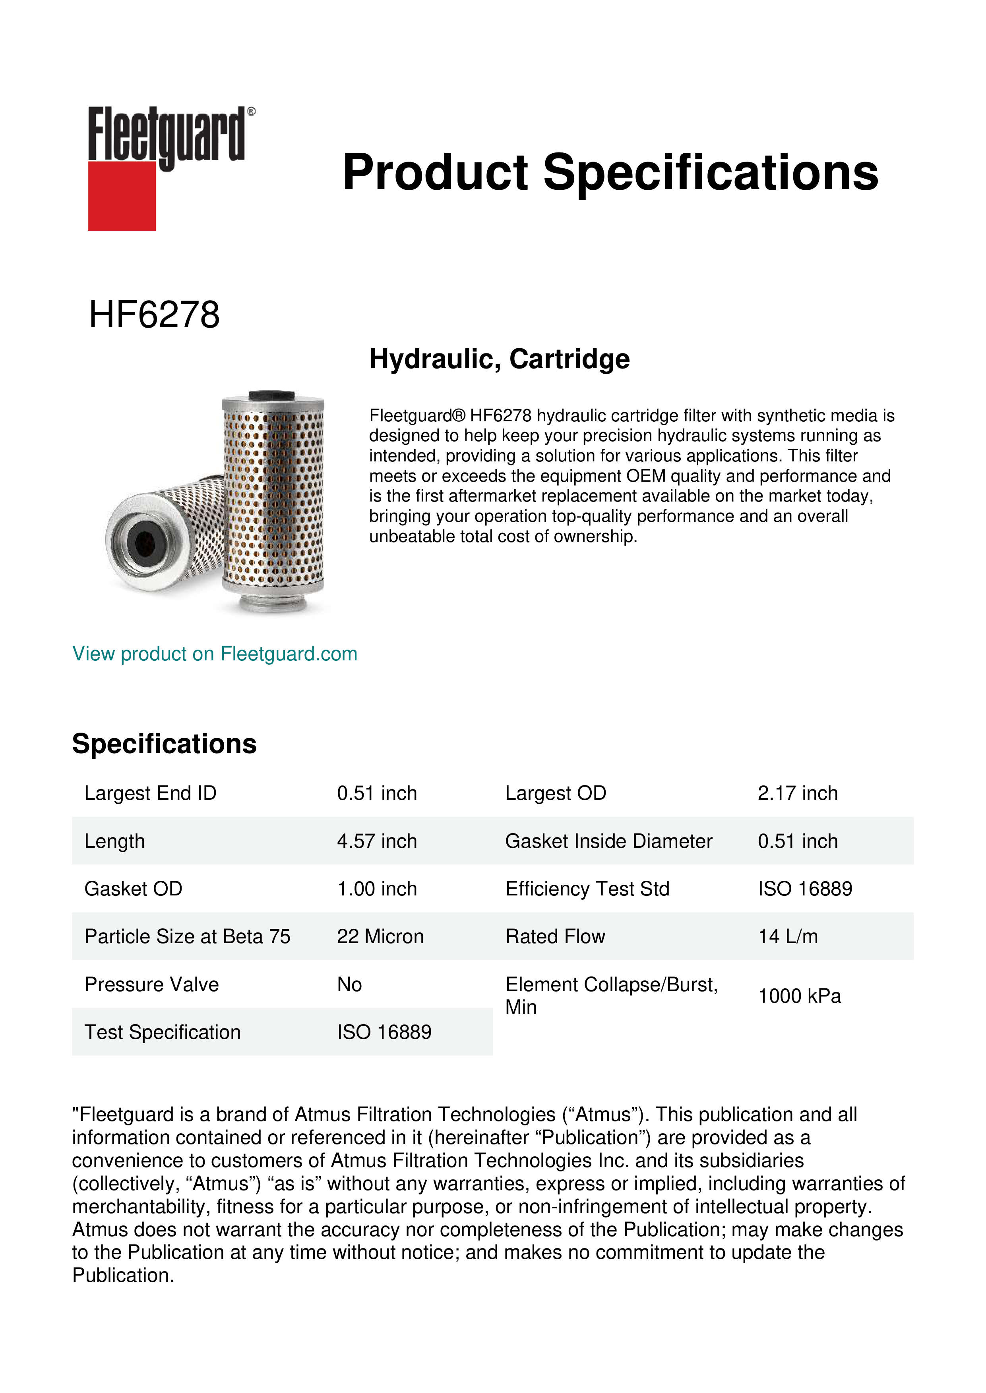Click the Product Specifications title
click(x=610, y=172)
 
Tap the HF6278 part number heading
click(x=154, y=315)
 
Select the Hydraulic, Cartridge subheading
click(x=499, y=359)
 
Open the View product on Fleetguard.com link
click(x=214, y=654)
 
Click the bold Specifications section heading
click(x=164, y=743)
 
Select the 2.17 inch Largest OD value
click(x=797, y=793)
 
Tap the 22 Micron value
click(x=380, y=936)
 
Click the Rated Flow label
click(x=555, y=936)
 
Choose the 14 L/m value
click(x=787, y=936)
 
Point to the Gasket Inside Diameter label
click(x=608, y=841)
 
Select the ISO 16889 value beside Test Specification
click(x=384, y=1032)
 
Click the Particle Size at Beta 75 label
click(x=187, y=936)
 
